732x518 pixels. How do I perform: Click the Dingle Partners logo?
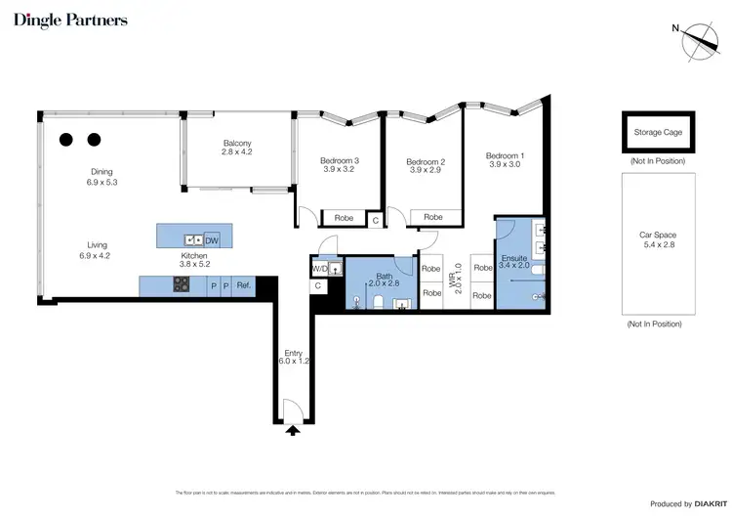coord(70,20)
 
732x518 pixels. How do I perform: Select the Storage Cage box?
coord(658,132)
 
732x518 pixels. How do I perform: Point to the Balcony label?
coord(236,148)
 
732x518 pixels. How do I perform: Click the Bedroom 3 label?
coord(341,166)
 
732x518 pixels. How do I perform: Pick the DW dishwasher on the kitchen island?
coord(213,238)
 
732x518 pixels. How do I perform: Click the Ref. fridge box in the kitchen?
coord(243,285)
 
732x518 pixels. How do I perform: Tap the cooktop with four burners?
coord(182,285)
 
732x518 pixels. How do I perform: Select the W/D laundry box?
coord(319,268)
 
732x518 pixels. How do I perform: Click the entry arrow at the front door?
coord(293,428)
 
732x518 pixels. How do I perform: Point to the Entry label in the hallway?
coord(293,358)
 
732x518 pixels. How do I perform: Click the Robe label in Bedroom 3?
coord(344,218)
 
